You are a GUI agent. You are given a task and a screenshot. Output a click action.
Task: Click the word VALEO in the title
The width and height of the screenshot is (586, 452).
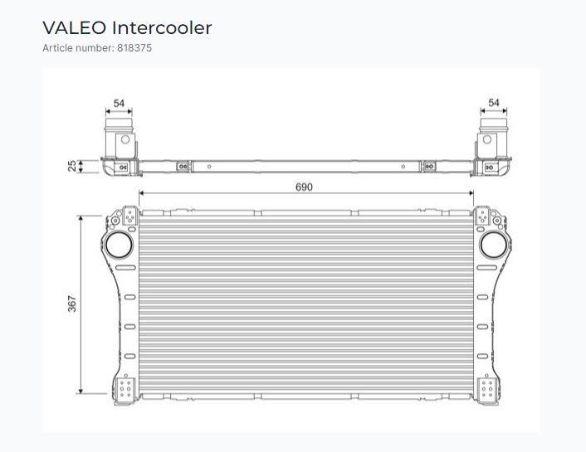(x=75, y=28)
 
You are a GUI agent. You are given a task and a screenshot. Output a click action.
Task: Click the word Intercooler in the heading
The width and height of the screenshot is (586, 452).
(x=162, y=28)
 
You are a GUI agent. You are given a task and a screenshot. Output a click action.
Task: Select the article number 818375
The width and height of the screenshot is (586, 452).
(x=134, y=48)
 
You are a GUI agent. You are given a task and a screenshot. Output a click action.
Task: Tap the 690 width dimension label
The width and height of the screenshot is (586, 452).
(x=304, y=187)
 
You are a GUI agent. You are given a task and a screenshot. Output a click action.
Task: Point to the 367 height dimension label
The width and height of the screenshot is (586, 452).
(x=71, y=304)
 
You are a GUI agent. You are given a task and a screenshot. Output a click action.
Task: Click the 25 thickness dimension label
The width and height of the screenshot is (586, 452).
(x=71, y=166)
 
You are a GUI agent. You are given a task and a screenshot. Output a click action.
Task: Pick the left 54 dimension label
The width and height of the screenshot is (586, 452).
(x=119, y=103)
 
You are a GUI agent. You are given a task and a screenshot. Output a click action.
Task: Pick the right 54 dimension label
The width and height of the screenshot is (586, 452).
(x=494, y=102)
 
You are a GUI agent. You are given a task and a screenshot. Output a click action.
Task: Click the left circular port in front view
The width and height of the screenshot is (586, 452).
(x=119, y=245)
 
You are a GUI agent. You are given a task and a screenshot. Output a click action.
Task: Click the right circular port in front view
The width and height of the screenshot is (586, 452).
(x=493, y=245)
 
